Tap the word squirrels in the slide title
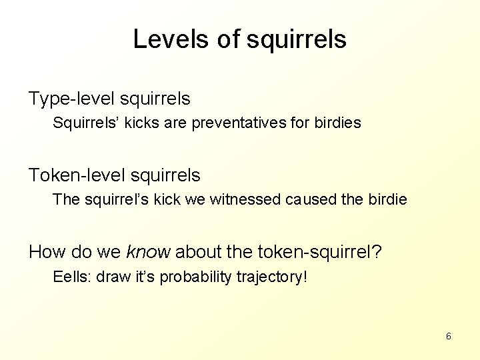point(297,39)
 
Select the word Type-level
point(72,99)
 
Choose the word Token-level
point(77,175)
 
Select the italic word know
point(148,251)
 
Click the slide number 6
point(448,336)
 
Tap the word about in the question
point(196,251)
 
